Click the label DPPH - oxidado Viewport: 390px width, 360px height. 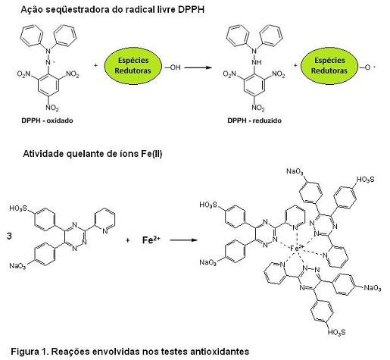47,121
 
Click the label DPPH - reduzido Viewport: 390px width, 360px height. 254,121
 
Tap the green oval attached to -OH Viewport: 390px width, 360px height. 133,66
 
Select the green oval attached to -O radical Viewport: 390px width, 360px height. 329,66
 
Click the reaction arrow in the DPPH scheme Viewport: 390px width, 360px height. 198,67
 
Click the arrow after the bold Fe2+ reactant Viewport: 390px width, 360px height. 183,239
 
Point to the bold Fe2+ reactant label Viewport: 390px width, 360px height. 151,239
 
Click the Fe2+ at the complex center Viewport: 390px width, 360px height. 298,248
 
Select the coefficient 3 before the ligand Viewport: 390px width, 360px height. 9,236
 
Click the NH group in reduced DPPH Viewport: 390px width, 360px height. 257,62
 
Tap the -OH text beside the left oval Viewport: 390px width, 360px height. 173,67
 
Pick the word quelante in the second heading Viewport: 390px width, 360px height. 85,154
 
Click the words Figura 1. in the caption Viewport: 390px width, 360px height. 30,351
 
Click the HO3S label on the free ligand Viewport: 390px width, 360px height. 17,208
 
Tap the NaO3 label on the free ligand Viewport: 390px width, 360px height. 17,266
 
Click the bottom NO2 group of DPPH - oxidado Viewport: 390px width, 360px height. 52,108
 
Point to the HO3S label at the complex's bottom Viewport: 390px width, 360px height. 336,332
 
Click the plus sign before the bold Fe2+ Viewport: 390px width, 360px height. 128,240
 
